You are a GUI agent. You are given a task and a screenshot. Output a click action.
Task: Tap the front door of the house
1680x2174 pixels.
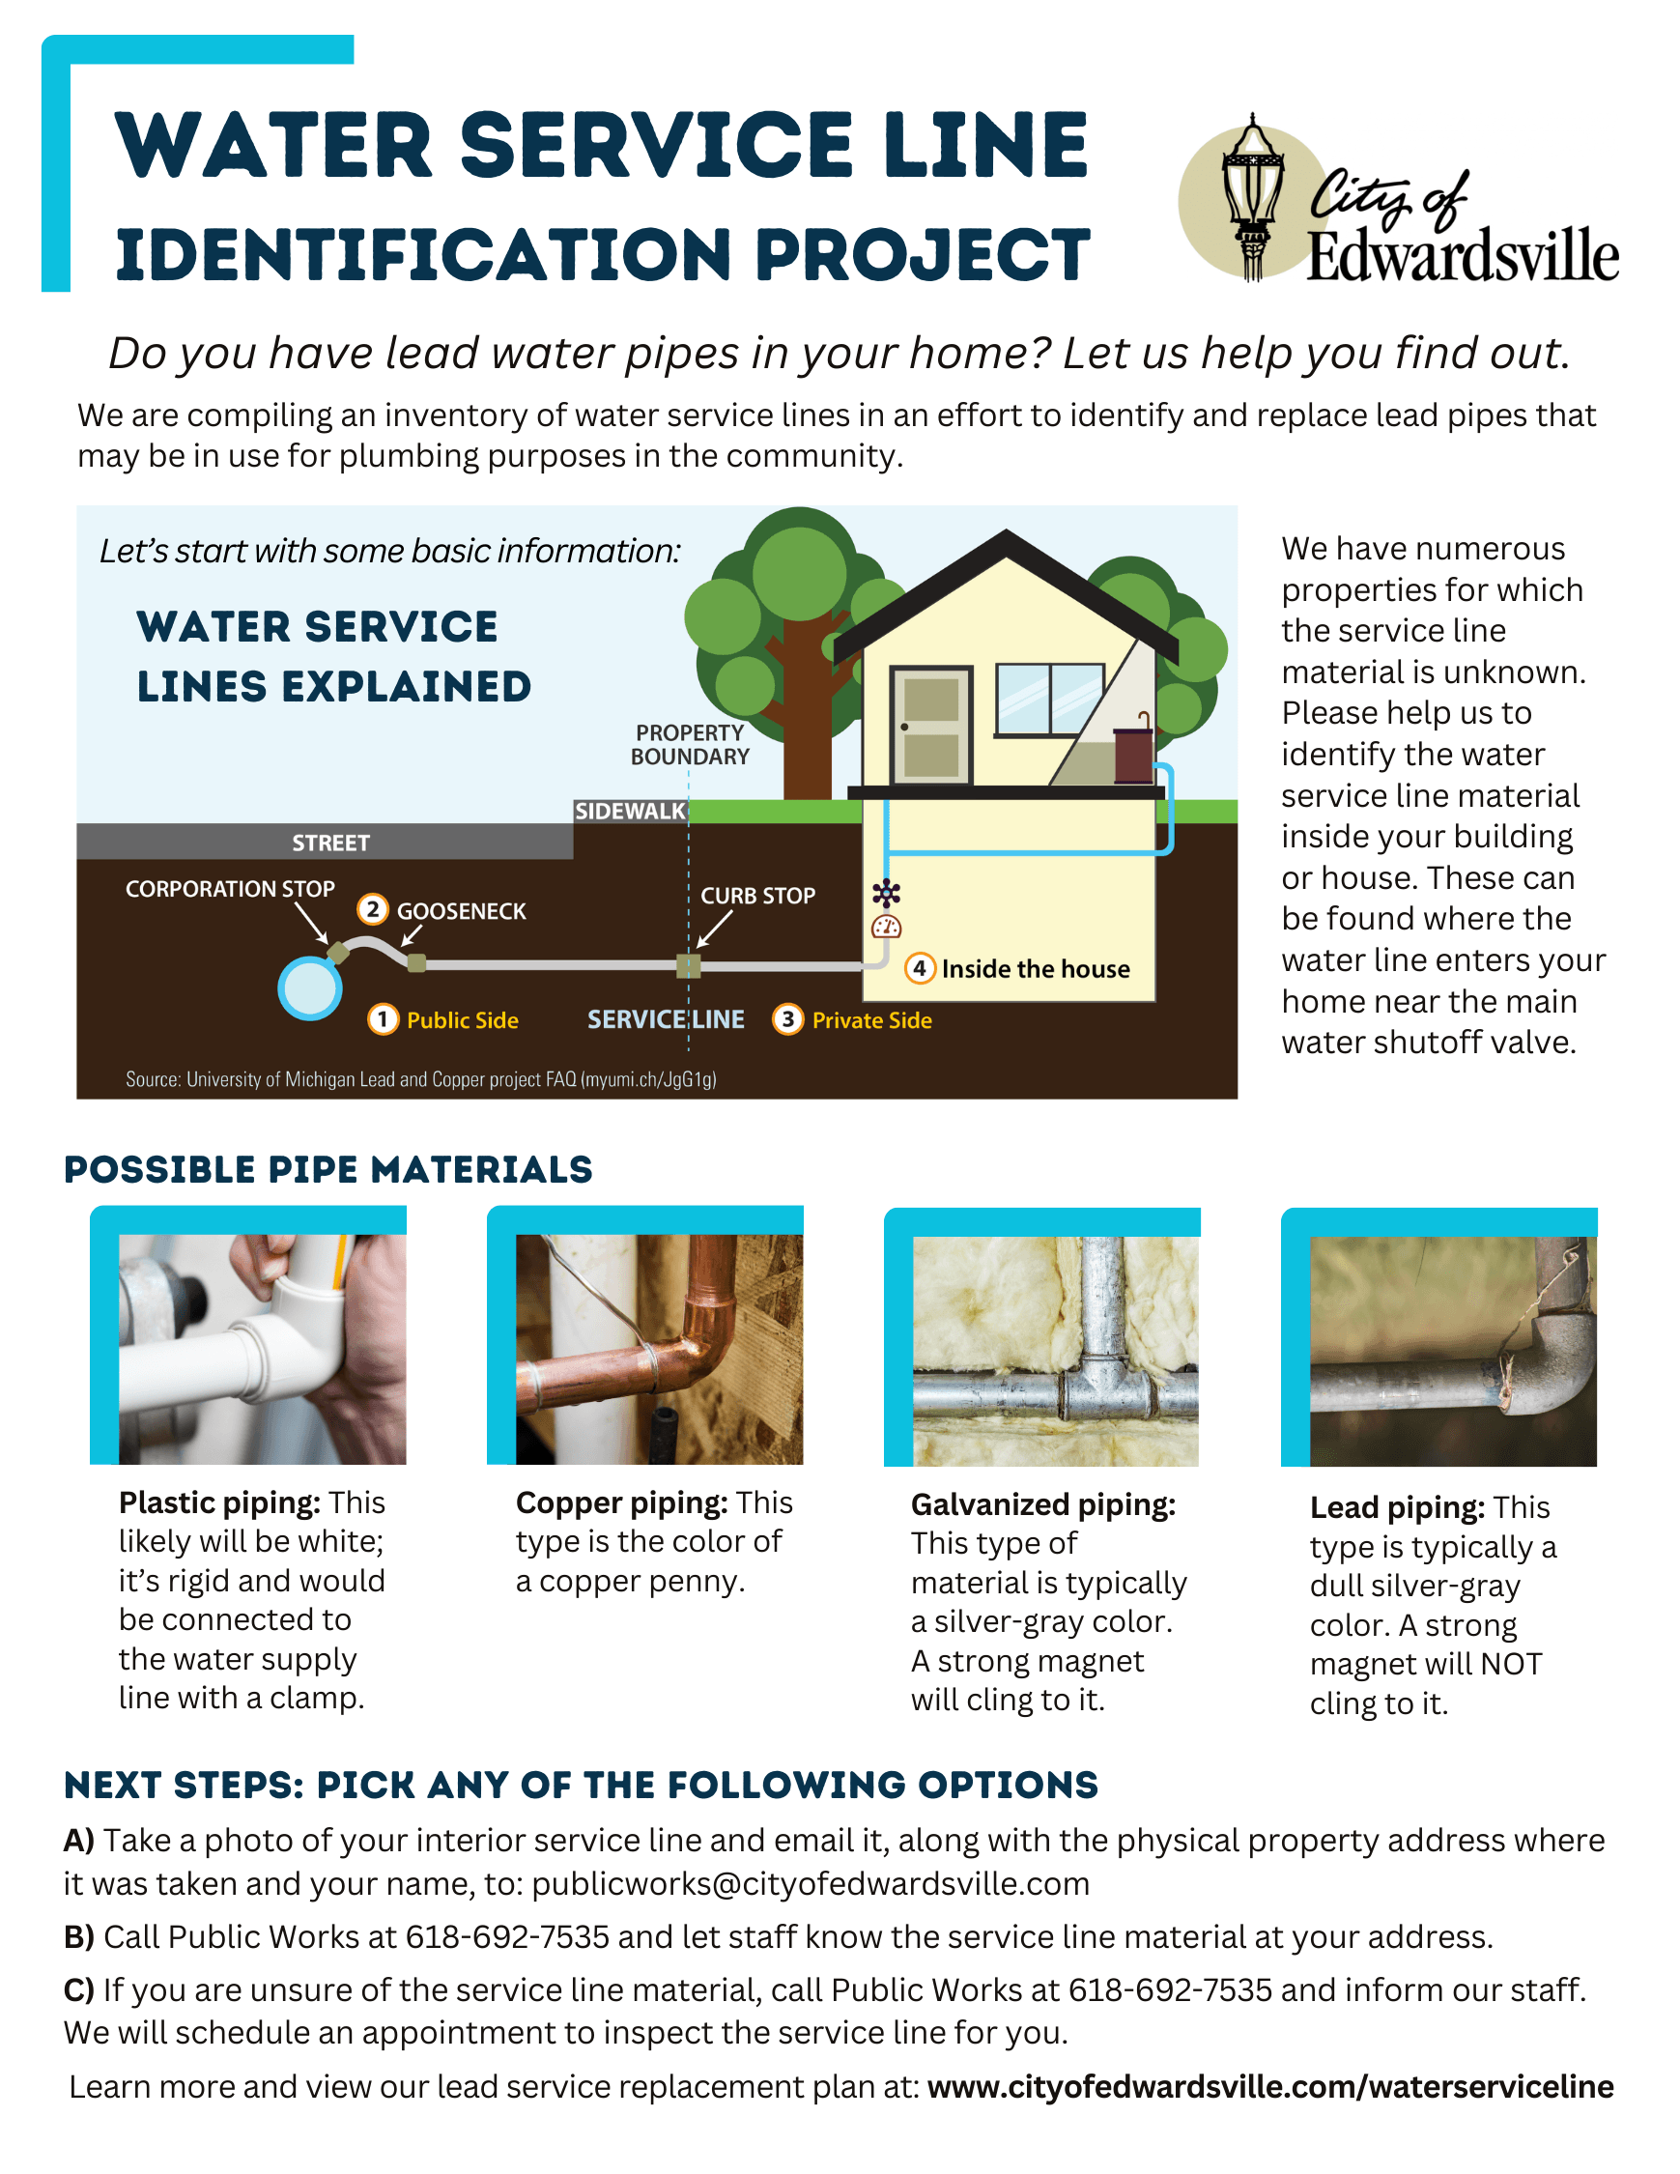(x=930, y=726)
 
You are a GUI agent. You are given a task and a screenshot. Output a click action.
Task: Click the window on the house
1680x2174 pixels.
(x=1049, y=700)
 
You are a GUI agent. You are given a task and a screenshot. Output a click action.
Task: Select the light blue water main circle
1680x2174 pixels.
(x=309, y=988)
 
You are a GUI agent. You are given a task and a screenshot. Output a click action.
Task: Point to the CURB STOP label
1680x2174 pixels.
(x=757, y=896)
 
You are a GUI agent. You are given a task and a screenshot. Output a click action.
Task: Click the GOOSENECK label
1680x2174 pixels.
(x=461, y=911)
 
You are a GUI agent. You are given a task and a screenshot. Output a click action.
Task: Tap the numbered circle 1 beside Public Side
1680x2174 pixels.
(x=383, y=1019)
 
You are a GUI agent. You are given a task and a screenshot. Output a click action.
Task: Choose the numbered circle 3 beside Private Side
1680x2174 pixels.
(x=787, y=1019)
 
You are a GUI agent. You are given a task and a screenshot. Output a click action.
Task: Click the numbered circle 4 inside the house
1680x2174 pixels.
(x=919, y=968)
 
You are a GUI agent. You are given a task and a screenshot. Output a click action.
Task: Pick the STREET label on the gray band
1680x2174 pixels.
(x=330, y=844)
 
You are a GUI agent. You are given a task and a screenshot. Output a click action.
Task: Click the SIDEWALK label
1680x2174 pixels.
(x=630, y=812)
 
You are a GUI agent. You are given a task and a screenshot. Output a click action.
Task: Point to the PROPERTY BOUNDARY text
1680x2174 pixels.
(x=690, y=745)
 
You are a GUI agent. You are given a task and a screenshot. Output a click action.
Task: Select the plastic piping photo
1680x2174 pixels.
(x=262, y=1349)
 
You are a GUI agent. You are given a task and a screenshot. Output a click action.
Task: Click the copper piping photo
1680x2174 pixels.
(x=659, y=1349)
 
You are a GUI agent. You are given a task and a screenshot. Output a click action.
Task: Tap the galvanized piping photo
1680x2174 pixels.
(x=1055, y=1351)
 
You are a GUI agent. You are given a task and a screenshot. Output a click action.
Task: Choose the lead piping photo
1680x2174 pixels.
(x=1452, y=1351)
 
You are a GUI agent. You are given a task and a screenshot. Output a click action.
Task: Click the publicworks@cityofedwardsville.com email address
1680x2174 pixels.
(x=811, y=1883)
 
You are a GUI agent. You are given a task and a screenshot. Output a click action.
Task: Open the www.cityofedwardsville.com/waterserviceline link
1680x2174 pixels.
(x=1270, y=2085)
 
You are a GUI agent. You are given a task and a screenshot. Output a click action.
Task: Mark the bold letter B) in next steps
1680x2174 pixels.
(x=78, y=1936)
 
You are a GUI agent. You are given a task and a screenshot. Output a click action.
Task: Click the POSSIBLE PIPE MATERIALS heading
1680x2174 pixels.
(x=328, y=1170)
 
